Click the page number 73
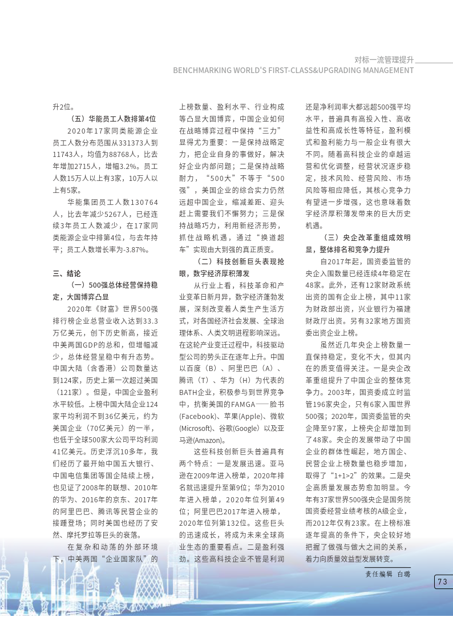click(x=442, y=582)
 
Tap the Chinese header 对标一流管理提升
click(x=384, y=59)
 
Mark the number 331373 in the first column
click(x=135, y=143)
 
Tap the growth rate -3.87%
click(x=137, y=249)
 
